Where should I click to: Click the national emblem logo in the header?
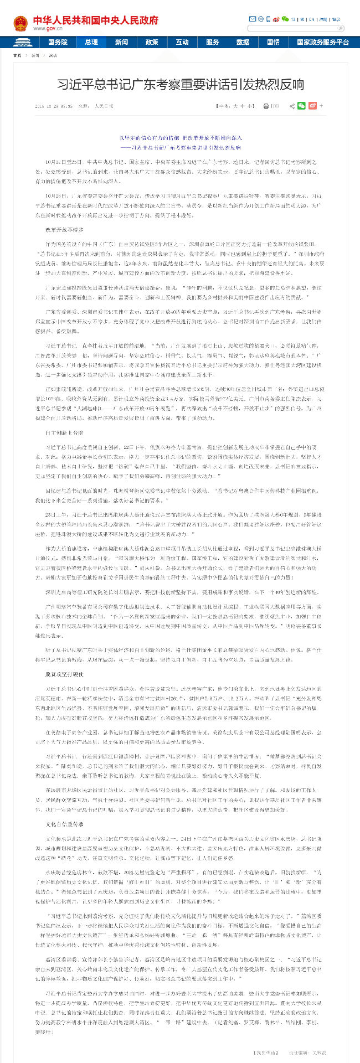[x=20, y=23]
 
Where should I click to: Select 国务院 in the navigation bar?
[x=58, y=42]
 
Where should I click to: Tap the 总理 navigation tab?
[x=91, y=42]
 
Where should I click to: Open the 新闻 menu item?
[x=121, y=42]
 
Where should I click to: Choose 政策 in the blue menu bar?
[x=152, y=42]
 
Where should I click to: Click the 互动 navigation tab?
[x=182, y=42]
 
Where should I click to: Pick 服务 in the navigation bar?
[x=213, y=42]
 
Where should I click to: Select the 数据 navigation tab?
[x=243, y=42]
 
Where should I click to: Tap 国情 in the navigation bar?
[x=273, y=42]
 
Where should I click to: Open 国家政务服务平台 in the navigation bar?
[x=322, y=42]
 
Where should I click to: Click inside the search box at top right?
[x=294, y=28]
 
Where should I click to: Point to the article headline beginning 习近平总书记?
[x=181, y=85]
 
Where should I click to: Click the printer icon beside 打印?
[x=266, y=106]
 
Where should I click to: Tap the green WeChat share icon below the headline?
[x=301, y=106]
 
